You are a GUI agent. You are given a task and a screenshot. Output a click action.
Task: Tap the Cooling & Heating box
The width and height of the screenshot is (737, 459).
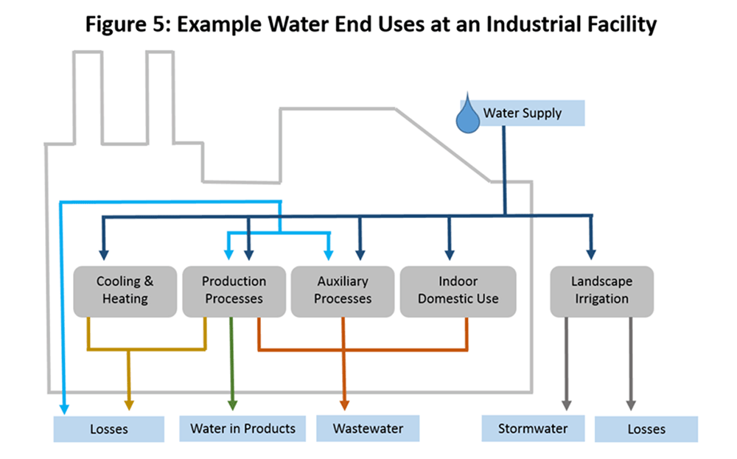pyautogui.click(x=125, y=290)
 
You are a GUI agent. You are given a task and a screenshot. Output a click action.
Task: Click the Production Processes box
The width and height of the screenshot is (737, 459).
pyautogui.click(x=234, y=290)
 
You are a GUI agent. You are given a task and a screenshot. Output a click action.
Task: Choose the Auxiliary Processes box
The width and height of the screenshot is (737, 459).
pyautogui.click(x=343, y=290)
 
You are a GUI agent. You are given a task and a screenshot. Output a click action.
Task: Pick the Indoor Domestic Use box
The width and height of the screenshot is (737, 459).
pyautogui.click(x=458, y=290)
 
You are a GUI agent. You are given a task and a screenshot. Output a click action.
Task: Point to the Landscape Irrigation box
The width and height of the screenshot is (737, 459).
pyautogui.click(x=601, y=290)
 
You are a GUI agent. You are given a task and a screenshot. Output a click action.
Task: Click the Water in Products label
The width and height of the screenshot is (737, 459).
pyautogui.click(x=242, y=428)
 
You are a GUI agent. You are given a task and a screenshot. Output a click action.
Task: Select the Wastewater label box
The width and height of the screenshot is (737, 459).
pyautogui.click(x=368, y=428)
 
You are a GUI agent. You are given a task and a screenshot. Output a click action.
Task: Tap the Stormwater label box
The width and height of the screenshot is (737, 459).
pyautogui.click(x=531, y=428)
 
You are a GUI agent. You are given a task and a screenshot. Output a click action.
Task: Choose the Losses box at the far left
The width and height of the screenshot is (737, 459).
pyautogui.click(x=108, y=429)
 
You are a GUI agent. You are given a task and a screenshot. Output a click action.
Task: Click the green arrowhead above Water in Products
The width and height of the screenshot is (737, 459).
pyautogui.click(x=232, y=404)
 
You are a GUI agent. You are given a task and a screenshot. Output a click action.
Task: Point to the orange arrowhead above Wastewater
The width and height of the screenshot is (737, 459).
pyautogui.click(x=344, y=404)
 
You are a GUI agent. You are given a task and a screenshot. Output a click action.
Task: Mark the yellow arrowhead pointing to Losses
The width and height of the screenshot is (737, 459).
pyautogui.click(x=129, y=404)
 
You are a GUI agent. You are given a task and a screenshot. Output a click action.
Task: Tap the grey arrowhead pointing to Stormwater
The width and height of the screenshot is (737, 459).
pyautogui.click(x=566, y=404)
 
